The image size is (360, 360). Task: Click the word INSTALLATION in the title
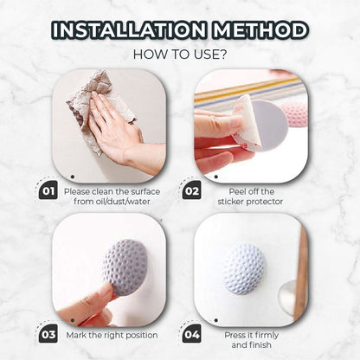(129, 30)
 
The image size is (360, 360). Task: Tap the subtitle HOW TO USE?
(180, 55)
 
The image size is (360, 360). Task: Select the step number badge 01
(48, 190)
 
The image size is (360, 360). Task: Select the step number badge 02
(192, 190)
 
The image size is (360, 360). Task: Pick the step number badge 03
(48, 334)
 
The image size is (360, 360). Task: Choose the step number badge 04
(192, 334)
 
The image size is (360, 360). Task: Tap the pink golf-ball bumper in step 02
(294, 114)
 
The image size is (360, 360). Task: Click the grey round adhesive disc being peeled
(267, 125)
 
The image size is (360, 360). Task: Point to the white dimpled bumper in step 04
(244, 268)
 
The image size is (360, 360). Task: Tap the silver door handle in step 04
(288, 297)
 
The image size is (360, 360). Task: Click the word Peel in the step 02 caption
(236, 191)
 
